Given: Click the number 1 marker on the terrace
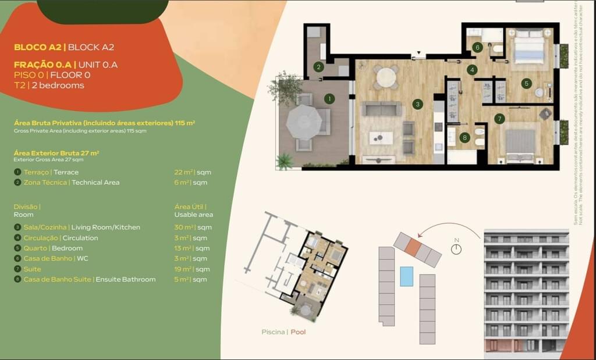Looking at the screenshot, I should pyautogui.click(x=329, y=99).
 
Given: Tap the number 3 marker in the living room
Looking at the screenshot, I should pyautogui.click(x=417, y=104).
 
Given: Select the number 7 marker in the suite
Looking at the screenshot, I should pyautogui.click(x=499, y=119).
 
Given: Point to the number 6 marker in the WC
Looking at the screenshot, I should pyautogui.click(x=477, y=47).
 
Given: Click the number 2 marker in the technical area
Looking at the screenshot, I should pyautogui.click(x=318, y=67).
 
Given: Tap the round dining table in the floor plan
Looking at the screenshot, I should pyautogui.click(x=385, y=77).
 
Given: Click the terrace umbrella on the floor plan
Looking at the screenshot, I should pyautogui.click(x=303, y=122).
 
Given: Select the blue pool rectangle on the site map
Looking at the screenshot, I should pyautogui.click(x=406, y=276).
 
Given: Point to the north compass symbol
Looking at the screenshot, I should pyautogui.click(x=456, y=248).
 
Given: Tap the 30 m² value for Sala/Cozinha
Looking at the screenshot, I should pyautogui.click(x=182, y=227).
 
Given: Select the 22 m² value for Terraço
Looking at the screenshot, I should pyautogui.click(x=182, y=172).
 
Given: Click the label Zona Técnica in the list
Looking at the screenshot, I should pyautogui.click(x=46, y=183).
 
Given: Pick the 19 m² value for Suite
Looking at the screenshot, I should pyautogui.click(x=182, y=269).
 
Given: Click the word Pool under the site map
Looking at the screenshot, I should pyautogui.click(x=298, y=332).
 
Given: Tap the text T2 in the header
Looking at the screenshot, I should pyautogui.click(x=19, y=85).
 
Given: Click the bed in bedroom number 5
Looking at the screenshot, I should pyautogui.click(x=528, y=46).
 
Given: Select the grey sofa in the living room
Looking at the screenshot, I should pyautogui.click(x=381, y=109).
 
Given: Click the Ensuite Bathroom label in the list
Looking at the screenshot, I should pyautogui.click(x=125, y=280).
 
